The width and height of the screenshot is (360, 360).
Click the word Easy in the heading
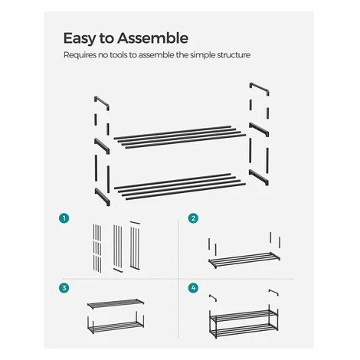(x=80, y=39)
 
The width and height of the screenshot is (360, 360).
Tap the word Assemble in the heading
(x=152, y=38)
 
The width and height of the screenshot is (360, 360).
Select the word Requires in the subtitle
(x=80, y=55)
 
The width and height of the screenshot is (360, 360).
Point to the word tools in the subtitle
(x=119, y=55)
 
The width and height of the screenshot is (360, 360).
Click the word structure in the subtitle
(x=234, y=55)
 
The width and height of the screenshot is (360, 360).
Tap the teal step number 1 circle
(x=64, y=218)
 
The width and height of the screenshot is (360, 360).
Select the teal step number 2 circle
(x=193, y=218)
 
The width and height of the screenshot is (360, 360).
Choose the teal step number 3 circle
(x=64, y=288)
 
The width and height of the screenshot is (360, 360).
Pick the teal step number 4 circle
(x=193, y=288)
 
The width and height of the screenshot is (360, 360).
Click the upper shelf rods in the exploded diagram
(x=180, y=137)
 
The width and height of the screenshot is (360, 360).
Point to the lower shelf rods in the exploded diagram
(x=180, y=186)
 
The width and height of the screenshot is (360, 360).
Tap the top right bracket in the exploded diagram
(x=259, y=89)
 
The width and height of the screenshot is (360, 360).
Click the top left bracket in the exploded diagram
(x=102, y=103)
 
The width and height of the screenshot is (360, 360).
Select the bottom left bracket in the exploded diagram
(x=103, y=197)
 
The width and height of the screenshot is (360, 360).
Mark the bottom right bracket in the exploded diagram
(x=259, y=177)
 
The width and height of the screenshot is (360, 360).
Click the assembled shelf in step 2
(x=244, y=260)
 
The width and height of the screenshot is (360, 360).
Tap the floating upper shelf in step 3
(x=116, y=303)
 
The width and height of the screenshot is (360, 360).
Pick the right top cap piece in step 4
(x=273, y=293)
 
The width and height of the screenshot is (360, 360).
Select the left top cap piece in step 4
(x=213, y=298)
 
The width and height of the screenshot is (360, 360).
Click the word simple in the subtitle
(x=203, y=55)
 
